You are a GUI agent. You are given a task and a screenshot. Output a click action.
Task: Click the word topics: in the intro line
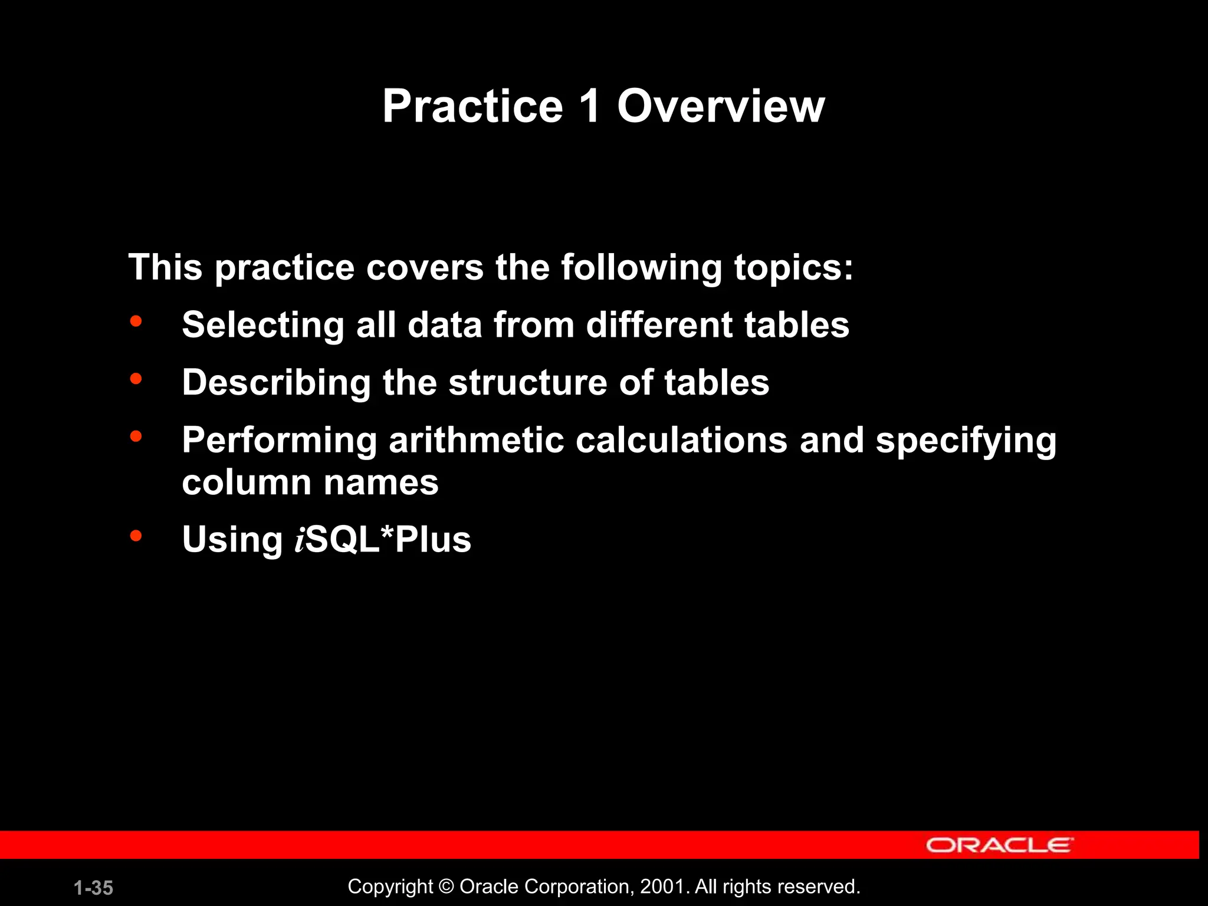tap(793, 268)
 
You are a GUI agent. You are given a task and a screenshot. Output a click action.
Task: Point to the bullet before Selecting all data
tap(136, 321)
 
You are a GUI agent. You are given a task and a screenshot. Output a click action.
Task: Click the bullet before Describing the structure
tap(136, 379)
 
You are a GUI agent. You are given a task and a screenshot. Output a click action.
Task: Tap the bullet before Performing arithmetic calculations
tap(136, 436)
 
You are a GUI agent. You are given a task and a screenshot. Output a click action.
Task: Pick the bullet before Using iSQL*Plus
tap(136, 536)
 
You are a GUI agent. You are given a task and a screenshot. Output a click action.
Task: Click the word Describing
tap(277, 383)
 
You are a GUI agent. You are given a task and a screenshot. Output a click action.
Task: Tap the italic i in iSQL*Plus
tap(300, 540)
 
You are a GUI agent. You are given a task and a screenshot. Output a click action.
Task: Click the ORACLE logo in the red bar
tap(999, 845)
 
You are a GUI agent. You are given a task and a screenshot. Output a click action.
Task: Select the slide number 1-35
tap(93, 888)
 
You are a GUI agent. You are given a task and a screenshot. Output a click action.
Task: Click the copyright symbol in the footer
tap(447, 887)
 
